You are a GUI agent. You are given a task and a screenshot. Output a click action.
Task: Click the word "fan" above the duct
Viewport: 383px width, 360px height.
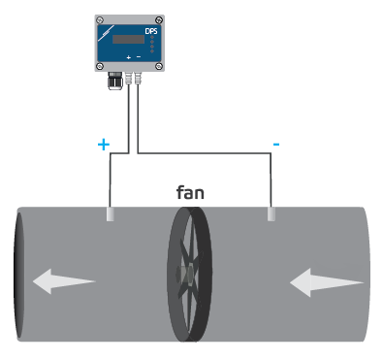(x=190, y=192)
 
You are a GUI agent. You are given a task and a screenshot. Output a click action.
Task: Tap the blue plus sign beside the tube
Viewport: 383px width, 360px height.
(x=104, y=145)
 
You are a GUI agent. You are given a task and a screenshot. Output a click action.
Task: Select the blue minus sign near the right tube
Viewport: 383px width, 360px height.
(x=276, y=145)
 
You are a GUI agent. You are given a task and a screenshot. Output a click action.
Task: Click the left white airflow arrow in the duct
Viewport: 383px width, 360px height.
(x=64, y=282)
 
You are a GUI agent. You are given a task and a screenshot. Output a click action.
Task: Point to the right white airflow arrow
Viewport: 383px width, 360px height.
(x=327, y=282)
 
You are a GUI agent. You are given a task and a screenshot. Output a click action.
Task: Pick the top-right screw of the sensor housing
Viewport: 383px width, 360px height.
(x=160, y=19)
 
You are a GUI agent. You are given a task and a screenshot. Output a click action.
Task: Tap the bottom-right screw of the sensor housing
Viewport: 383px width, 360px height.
(x=160, y=65)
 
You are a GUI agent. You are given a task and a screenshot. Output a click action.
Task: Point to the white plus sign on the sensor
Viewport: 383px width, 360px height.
(x=128, y=58)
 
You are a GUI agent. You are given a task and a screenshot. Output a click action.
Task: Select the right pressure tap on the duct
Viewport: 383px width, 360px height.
(x=272, y=213)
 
